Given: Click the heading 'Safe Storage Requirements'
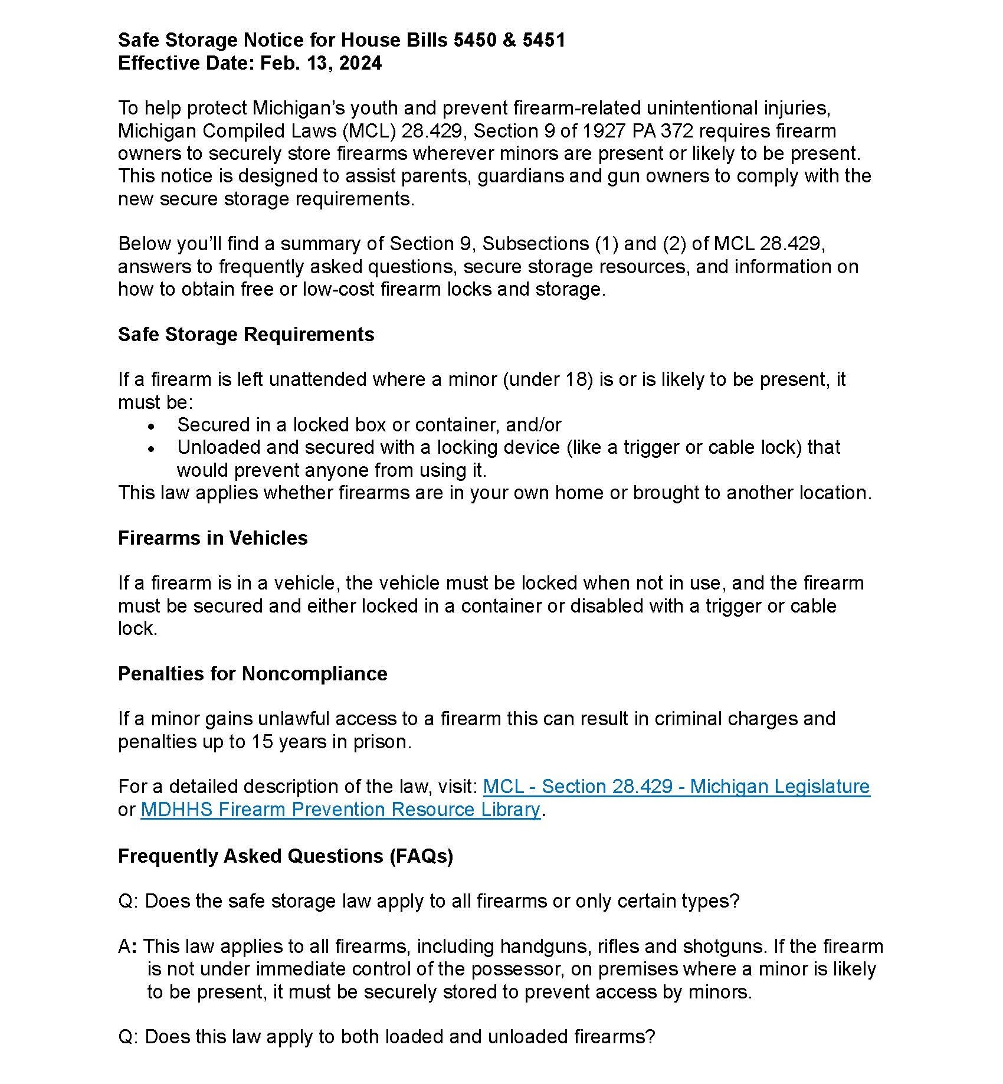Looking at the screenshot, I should pos(246,335).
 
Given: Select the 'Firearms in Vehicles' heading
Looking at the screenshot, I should pos(212,538).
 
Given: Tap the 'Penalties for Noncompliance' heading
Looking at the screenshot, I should pos(253,674).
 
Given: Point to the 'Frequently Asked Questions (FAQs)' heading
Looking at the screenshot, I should pos(286,856).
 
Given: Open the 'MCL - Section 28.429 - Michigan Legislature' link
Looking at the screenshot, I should pos(676,787).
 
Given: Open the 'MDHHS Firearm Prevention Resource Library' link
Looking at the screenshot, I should pos(340,810).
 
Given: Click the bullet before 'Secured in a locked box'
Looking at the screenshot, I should pos(152,426).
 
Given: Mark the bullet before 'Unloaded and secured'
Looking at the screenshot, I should pos(152,448).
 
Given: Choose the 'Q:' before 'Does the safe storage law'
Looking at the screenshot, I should pos(128,901).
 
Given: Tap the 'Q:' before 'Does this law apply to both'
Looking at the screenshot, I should pos(128,1037).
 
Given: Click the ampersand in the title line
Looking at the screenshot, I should pos(510,40).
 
